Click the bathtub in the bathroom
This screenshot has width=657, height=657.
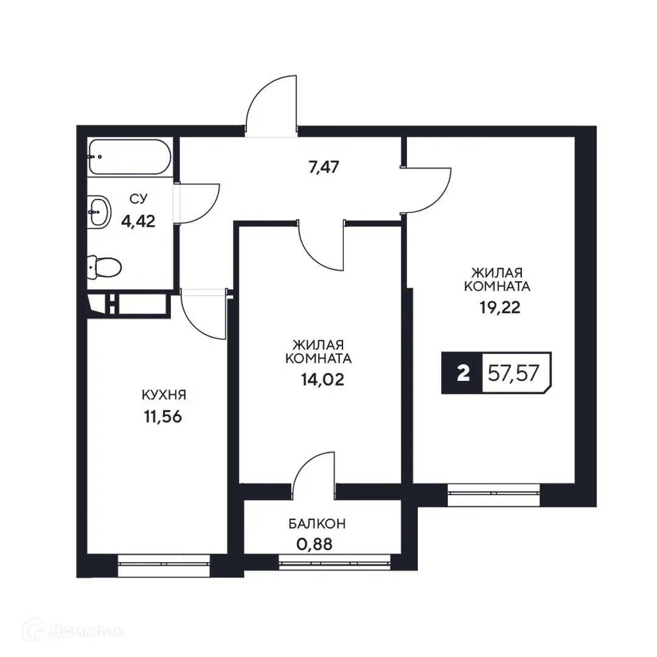129,156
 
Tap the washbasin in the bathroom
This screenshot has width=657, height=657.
99,212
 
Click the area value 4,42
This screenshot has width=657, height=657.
138,220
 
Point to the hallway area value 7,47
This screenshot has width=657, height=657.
324,166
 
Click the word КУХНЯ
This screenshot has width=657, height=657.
164,395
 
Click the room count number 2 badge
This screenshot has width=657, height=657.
463,373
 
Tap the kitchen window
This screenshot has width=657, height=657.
164,564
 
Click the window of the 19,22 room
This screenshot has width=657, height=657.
494,494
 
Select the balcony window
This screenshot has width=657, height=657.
335,561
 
